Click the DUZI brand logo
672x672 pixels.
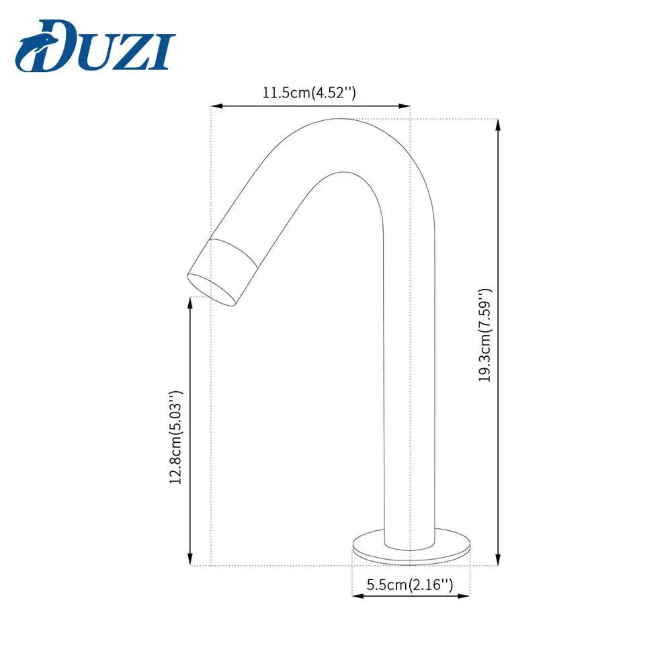[x=95, y=46]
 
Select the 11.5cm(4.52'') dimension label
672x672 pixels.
[x=309, y=92]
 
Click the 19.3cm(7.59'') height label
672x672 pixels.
[x=486, y=335]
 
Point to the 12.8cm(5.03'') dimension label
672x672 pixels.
[x=175, y=437]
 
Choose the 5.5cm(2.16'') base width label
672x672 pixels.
[x=410, y=584]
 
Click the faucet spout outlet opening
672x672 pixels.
[x=211, y=290]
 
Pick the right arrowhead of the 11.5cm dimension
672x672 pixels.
[x=405, y=106]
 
